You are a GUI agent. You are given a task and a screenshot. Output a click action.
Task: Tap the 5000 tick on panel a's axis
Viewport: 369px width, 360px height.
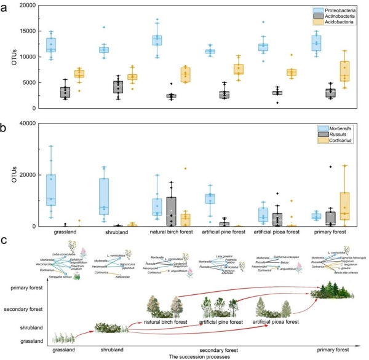[x=28, y=82]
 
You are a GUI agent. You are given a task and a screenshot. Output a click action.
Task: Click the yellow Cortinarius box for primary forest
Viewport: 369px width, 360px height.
[x=345, y=209]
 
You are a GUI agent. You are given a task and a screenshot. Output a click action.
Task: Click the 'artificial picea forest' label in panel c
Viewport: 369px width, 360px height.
[x=274, y=321]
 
